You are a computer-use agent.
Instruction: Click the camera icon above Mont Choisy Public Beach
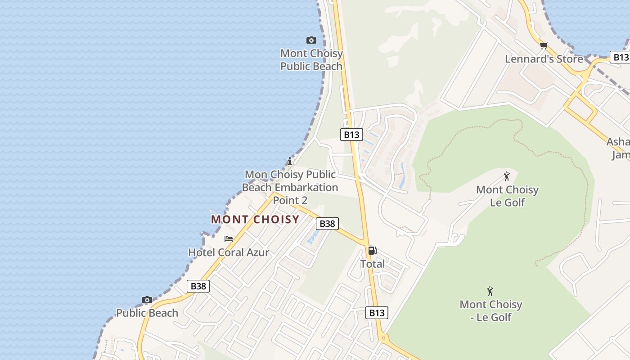click(x=311, y=40)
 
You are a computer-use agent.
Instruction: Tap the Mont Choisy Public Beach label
click(x=311, y=60)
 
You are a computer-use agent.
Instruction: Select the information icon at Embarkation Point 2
click(x=290, y=161)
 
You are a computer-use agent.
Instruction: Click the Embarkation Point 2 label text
click(x=290, y=187)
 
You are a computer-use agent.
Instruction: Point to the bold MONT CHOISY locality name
click(x=255, y=220)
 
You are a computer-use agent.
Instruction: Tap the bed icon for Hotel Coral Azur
click(x=229, y=239)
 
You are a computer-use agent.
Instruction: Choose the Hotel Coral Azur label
click(x=229, y=252)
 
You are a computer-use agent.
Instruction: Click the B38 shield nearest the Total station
click(x=327, y=224)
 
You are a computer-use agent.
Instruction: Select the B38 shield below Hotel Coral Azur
click(x=198, y=286)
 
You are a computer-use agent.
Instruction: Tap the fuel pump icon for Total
click(x=372, y=251)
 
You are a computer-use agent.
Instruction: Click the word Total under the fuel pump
click(x=372, y=264)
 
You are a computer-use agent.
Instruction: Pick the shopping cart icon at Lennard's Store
click(x=544, y=45)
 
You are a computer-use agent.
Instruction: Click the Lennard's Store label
click(x=544, y=59)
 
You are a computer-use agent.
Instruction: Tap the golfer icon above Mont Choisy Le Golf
click(x=507, y=176)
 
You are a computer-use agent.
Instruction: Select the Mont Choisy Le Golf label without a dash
click(x=507, y=196)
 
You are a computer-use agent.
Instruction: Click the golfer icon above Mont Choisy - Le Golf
click(x=490, y=291)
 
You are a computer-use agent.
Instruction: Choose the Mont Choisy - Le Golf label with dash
click(x=490, y=310)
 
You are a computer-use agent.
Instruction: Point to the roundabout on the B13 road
click(x=383, y=337)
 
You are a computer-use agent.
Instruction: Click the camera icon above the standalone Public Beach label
click(x=147, y=300)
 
